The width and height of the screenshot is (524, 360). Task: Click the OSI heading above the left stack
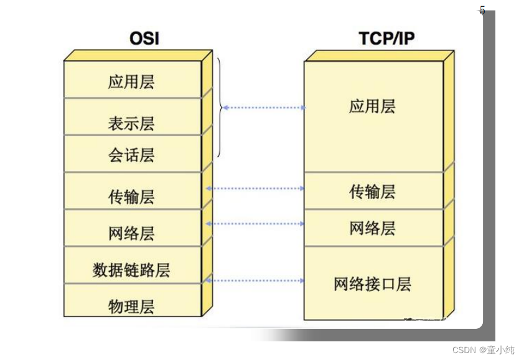click(x=144, y=39)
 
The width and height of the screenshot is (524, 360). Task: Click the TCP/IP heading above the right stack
click(x=386, y=39)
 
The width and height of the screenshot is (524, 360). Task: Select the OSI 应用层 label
click(x=131, y=82)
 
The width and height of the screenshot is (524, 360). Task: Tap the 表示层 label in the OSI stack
click(x=131, y=124)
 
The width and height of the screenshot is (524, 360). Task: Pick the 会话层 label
click(x=131, y=155)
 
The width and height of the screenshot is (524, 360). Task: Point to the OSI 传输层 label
click(x=131, y=198)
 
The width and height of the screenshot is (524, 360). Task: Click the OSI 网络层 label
click(x=131, y=234)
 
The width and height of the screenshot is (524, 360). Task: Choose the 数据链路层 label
click(x=131, y=270)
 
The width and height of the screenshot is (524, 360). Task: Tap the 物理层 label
click(x=131, y=307)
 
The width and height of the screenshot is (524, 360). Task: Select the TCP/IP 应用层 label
click(x=372, y=106)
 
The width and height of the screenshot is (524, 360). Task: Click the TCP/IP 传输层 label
click(x=372, y=192)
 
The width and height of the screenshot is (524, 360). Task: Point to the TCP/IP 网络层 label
click(x=372, y=228)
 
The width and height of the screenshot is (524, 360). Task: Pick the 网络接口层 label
click(x=372, y=285)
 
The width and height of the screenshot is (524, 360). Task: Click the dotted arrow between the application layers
click(x=264, y=108)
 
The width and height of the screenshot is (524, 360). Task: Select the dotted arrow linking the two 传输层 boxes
click(x=255, y=188)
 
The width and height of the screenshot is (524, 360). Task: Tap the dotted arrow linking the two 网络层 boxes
click(x=255, y=223)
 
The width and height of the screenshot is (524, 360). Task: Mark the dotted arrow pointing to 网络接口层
click(x=255, y=280)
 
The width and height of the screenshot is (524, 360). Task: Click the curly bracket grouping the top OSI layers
click(x=218, y=108)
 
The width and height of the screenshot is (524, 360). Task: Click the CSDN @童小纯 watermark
click(x=484, y=350)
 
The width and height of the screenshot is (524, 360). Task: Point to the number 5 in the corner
click(x=482, y=10)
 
